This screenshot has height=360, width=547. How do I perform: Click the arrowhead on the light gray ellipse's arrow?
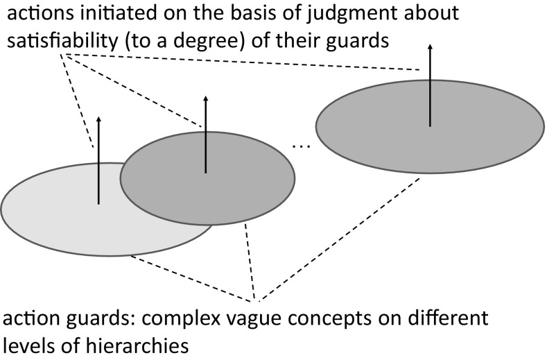pyautogui.click(x=99, y=121)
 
